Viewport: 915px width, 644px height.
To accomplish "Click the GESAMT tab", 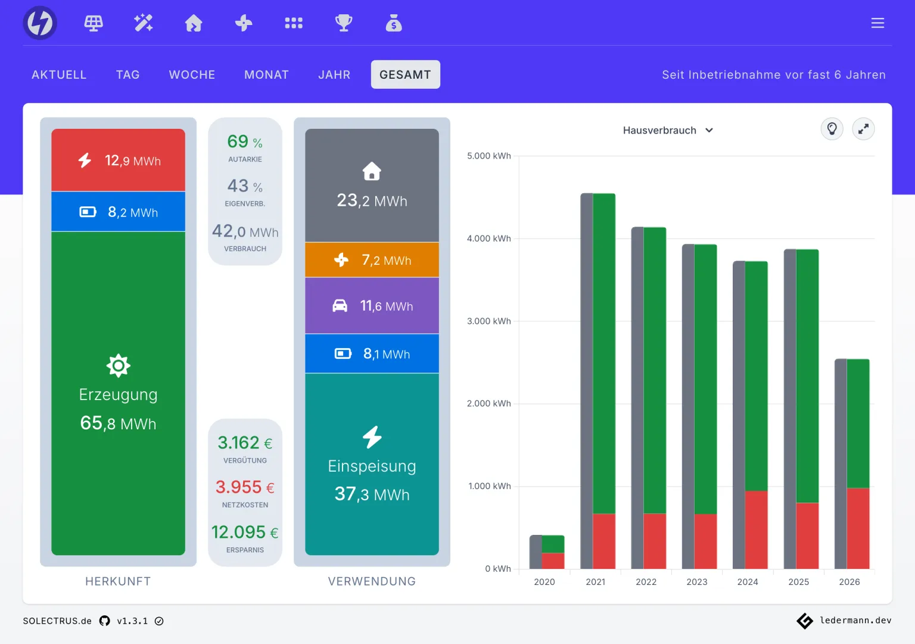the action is pos(405,75).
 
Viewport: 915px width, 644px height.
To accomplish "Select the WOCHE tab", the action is pos(192,75).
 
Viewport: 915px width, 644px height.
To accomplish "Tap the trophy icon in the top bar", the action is pos(344,23).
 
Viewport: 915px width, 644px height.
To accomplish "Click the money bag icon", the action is pos(394,23).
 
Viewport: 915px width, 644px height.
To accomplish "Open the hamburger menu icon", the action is pos(877,23).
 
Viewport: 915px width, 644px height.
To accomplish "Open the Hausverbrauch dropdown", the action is pos(668,130).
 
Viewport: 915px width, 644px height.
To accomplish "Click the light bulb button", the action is pos(832,129).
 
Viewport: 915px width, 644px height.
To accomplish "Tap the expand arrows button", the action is pos(863,129).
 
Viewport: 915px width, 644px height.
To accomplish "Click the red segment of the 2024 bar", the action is pos(756,530).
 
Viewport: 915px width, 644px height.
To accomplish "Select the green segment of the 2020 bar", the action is pos(553,544).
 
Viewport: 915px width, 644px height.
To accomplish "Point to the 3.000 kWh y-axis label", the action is pos(488,321).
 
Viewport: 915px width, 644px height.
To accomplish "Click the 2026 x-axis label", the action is pos(849,581).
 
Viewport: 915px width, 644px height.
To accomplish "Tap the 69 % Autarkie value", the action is pos(245,141).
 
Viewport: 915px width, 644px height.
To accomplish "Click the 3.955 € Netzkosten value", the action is pos(245,487).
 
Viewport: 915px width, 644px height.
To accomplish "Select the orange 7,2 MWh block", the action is pos(372,259).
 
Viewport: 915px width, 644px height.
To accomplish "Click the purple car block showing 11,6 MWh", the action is pos(372,305).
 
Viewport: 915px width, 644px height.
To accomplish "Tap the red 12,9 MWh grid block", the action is pos(118,160).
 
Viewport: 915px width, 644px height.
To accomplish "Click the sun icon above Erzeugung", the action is pos(118,365).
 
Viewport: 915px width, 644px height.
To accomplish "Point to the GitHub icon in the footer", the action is pos(105,621).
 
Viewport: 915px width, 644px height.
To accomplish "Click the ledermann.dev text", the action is pos(855,620).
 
